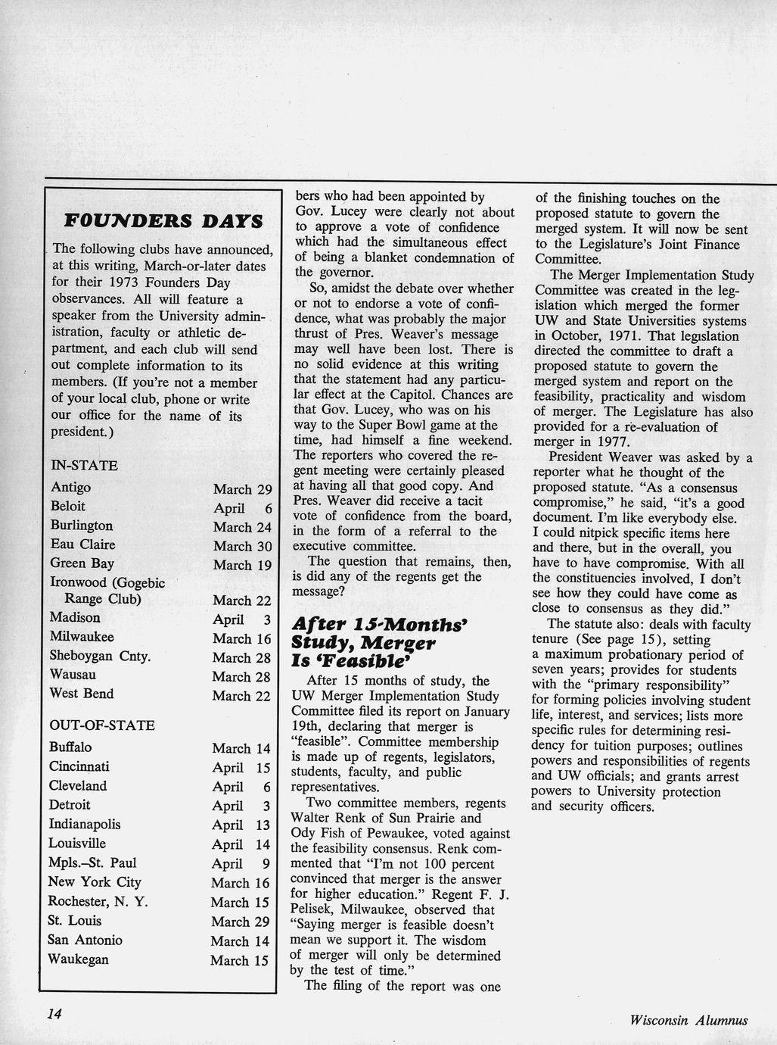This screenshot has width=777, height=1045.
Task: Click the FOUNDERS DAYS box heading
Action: click(x=163, y=221)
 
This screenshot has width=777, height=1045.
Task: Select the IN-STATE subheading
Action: click(x=84, y=466)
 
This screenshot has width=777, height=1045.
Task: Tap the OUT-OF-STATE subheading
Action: click(x=102, y=725)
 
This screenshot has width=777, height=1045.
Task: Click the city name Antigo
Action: click(x=70, y=488)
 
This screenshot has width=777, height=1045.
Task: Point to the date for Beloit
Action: click(x=242, y=508)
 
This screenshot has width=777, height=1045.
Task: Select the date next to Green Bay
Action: click(x=242, y=565)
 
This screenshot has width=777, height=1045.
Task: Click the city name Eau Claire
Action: click(x=82, y=544)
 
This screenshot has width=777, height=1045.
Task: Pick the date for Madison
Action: click(x=242, y=619)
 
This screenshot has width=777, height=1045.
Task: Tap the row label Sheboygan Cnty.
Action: click(x=100, y=656)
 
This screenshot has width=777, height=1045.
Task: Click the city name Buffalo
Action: click(x=70, y=747)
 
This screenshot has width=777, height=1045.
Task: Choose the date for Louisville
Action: click(x=241, y=844)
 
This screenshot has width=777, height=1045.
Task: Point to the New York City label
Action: click(x=95, y=882)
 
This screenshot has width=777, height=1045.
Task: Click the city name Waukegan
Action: click(x=78, y=959)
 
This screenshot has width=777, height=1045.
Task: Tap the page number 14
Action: click(x=54, y=1014)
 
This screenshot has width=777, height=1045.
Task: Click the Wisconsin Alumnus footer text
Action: click(x=688, y=1020)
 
